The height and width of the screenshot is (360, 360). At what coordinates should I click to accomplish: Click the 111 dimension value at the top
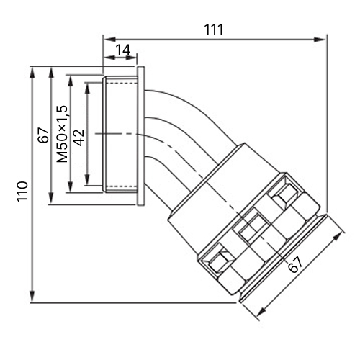click(214, 30)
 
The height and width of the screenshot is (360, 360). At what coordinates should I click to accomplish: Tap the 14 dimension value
click(123, 50)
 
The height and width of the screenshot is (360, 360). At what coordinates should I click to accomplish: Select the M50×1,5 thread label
click(62, 134)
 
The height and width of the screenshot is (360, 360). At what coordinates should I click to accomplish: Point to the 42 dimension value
click(79, 138)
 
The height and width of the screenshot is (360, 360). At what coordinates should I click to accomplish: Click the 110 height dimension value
click(22, 192)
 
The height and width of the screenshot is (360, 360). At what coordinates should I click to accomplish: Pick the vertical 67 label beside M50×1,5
click(43, 135)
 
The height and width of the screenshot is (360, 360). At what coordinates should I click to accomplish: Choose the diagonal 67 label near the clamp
click(295, 264)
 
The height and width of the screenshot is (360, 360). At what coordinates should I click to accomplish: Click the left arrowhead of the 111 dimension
click(109, 40)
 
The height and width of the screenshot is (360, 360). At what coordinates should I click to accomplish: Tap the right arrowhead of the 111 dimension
click(320, 40)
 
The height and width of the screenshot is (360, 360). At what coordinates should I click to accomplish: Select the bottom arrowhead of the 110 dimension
click(32, 296)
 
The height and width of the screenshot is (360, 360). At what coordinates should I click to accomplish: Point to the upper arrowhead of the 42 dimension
click(88, 89)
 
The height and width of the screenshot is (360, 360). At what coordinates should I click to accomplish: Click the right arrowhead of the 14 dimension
click(131, 58)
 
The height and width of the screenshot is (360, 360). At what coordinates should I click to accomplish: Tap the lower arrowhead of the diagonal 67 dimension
click(261, 312)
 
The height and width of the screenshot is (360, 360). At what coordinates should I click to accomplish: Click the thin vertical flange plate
click(141, 136)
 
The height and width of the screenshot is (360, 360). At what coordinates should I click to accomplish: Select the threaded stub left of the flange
click(120, 134)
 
